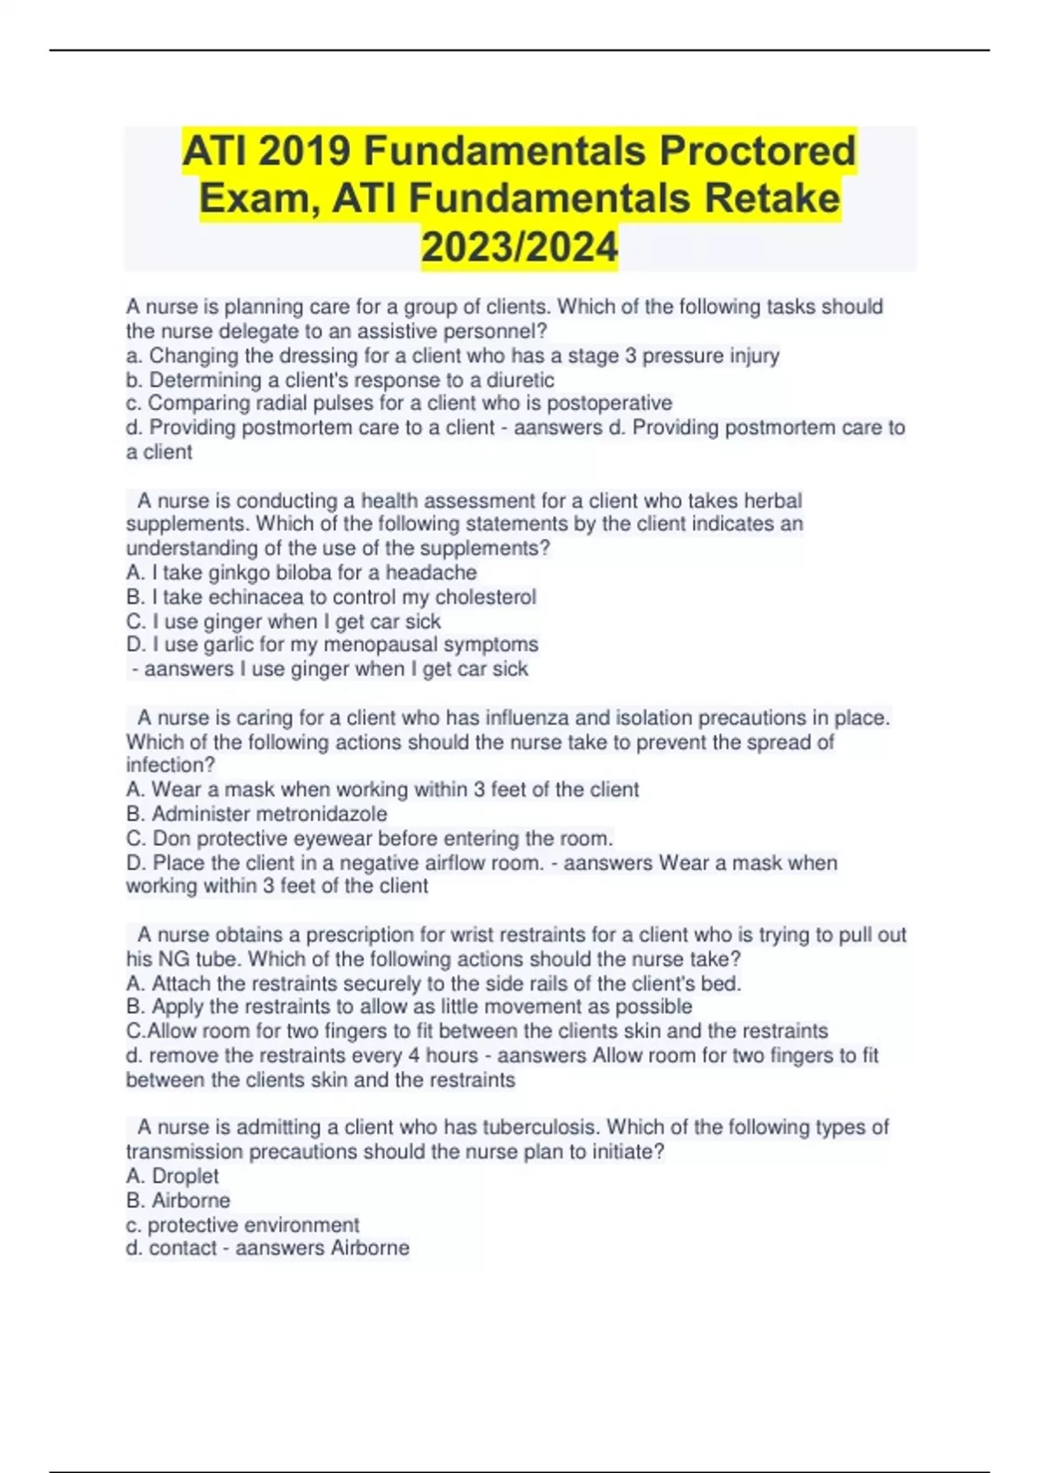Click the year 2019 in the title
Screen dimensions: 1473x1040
[x=304, y=152]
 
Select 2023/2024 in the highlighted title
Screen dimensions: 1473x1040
[x=519, y=247]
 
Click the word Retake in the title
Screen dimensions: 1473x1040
[x=771, y=198]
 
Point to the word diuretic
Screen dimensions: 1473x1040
[x=519, y=380]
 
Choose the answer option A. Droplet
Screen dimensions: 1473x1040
[x=172, y=1176]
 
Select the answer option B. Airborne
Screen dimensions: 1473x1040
[x=179, y=1200]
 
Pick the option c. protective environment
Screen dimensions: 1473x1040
[x=243, y=1224]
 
